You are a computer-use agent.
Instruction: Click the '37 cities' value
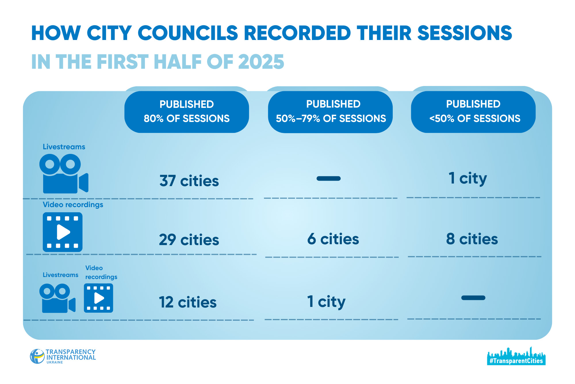[189, 181]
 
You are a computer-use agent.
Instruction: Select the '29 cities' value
[189, 240]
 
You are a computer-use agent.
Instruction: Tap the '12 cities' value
[188, 302]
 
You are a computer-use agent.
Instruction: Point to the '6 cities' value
[333, 239]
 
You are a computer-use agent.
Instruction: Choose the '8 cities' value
[472, 239]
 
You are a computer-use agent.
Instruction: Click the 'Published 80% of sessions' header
[187, 112]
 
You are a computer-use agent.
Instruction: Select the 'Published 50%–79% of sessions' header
[331, 112]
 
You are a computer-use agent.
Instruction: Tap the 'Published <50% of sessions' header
[474, 112]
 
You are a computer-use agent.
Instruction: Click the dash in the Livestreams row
[328, 179]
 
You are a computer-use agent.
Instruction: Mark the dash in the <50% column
[473, 298]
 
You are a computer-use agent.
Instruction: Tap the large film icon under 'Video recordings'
[63, 232]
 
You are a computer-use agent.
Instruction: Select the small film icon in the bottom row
[98, 298]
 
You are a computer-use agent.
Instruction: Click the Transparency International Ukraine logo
[63, 356]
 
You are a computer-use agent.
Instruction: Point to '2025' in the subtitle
[261, 62]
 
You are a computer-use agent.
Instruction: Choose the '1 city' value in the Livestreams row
[467, 178]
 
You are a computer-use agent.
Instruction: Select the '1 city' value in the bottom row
[326, 302]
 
